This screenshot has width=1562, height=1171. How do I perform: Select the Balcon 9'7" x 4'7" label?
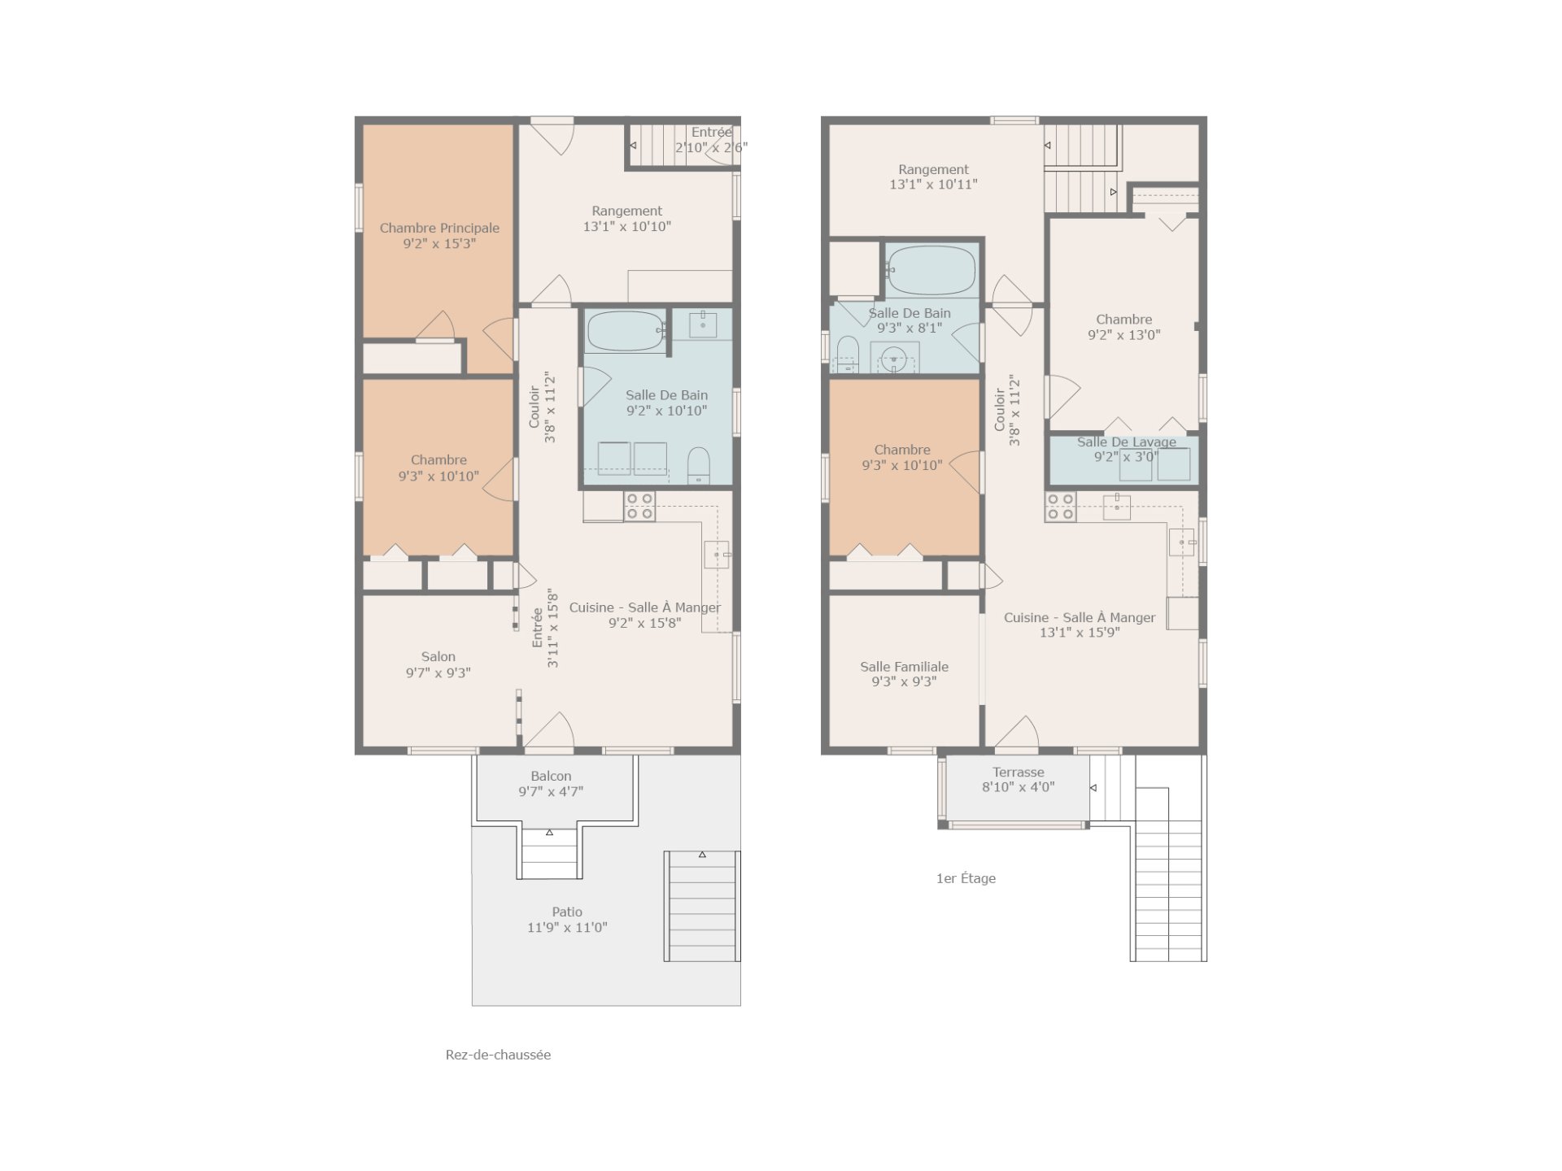(551, 784)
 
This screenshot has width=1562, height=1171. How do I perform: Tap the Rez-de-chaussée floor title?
(498, 1055)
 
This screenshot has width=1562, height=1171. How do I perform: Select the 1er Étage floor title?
(966, 878)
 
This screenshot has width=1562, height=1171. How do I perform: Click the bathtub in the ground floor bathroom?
(626, 331)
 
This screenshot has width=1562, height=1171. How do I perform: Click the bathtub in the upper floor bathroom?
(932, 270)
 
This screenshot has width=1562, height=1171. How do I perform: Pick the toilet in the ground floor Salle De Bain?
(699, 466)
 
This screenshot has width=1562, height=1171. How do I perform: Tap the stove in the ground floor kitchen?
(639, 507)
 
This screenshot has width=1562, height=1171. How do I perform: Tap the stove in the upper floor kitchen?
(1061, 507)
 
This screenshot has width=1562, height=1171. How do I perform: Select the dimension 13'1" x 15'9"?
(1080, 633)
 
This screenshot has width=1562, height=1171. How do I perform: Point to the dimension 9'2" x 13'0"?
(1124, 334)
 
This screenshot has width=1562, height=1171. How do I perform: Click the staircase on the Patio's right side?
(702, 907)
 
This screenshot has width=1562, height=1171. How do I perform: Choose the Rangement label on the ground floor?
(626, 211)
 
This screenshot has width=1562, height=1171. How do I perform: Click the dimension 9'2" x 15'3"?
(439, 244)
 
